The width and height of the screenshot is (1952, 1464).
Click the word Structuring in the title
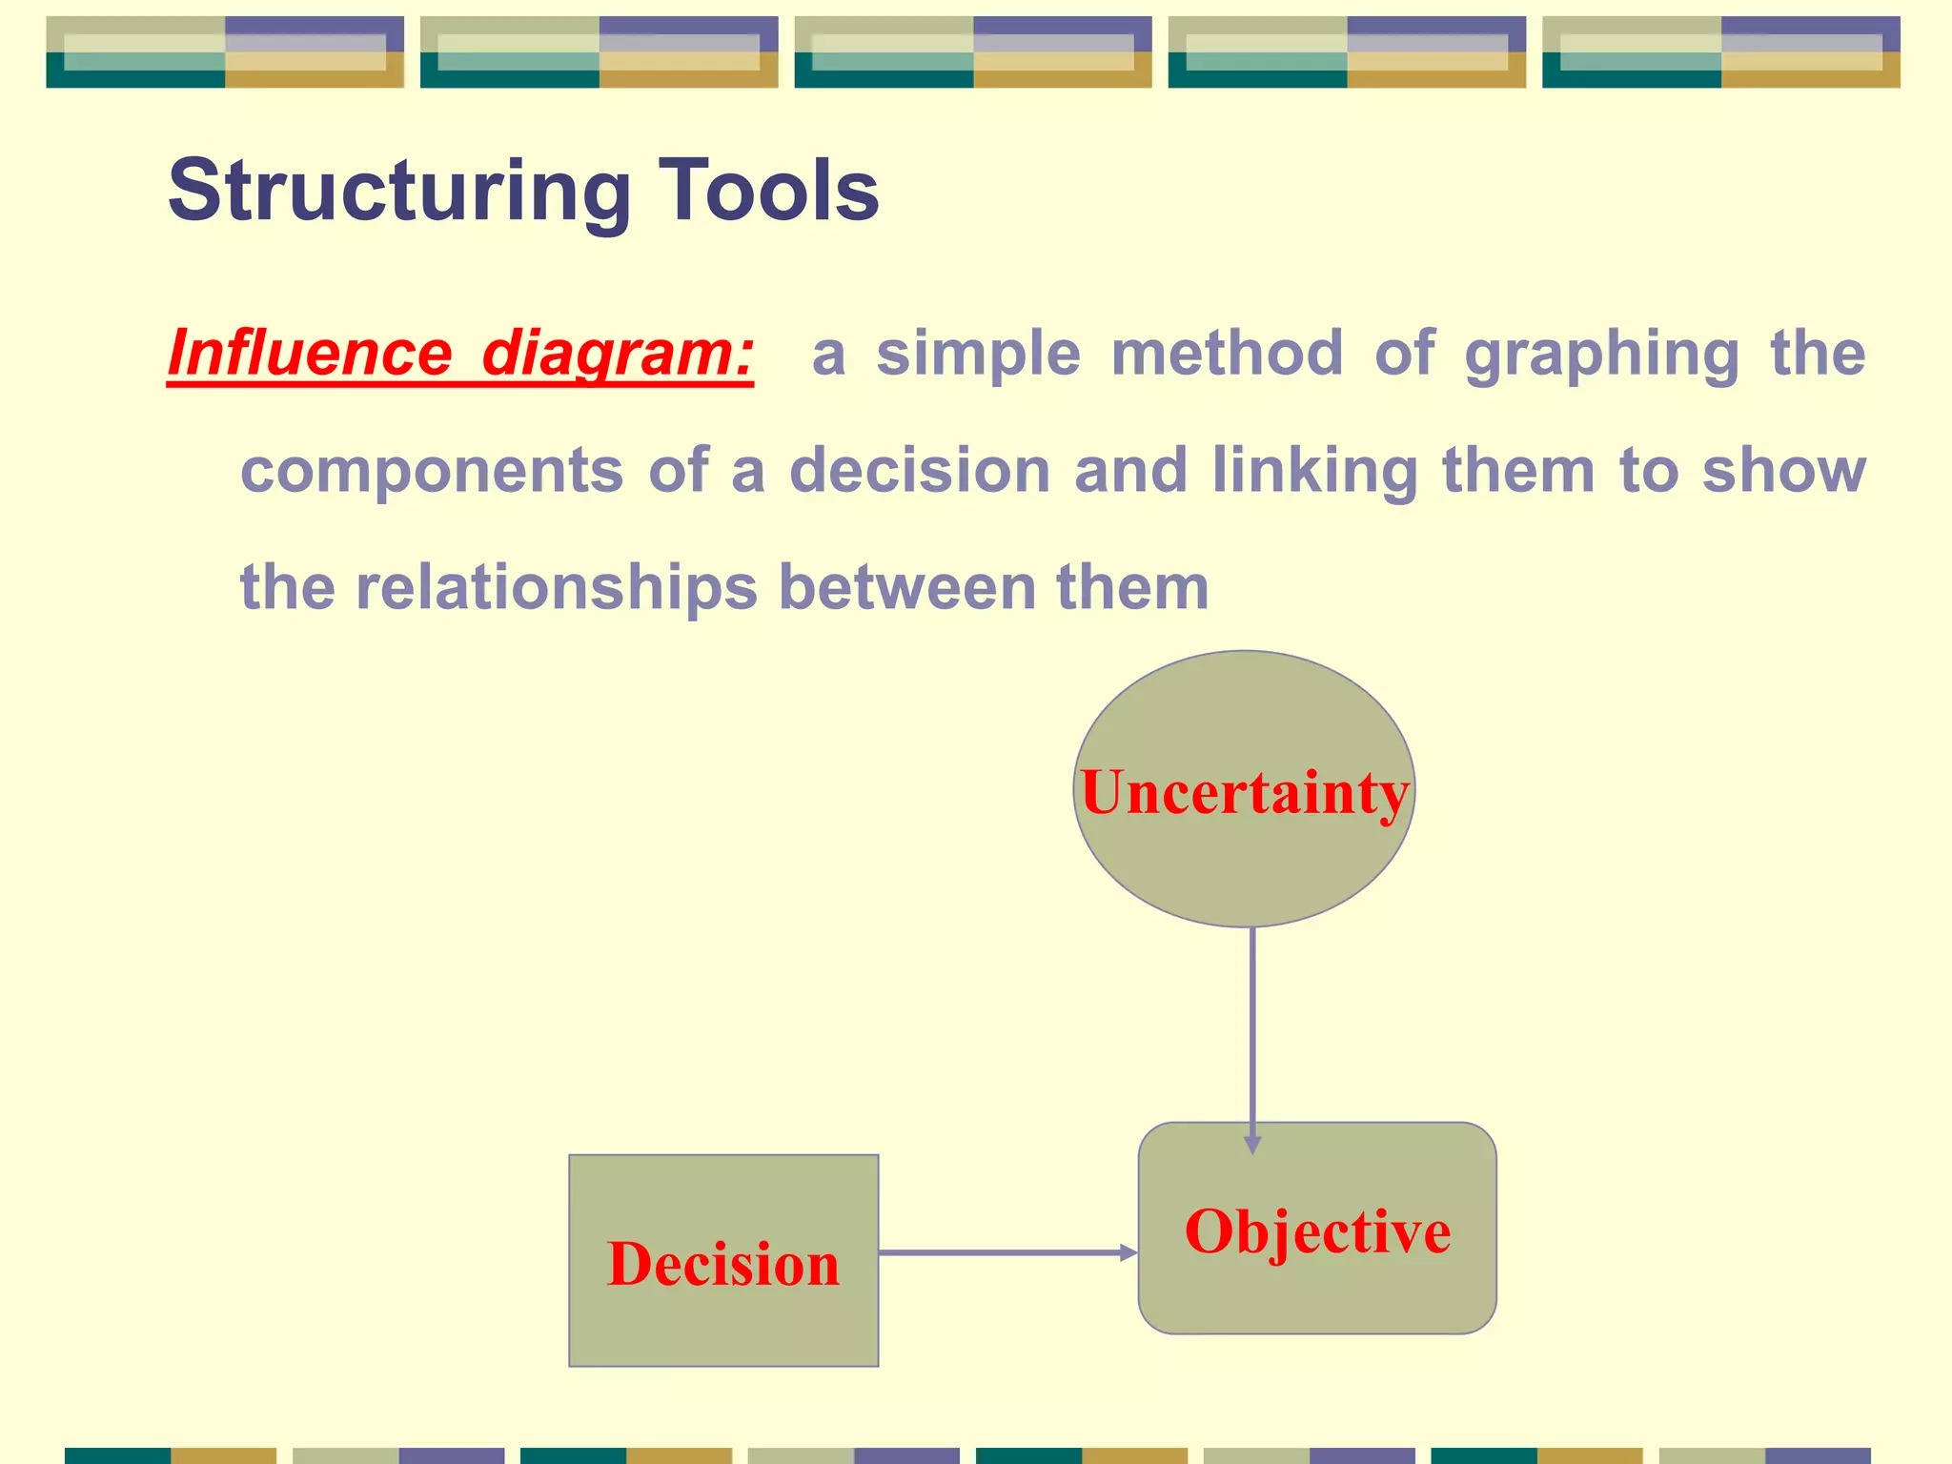[x=398, y=191]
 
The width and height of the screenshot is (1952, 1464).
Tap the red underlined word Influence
[x=310, y=353]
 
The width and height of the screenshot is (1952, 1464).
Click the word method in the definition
[x=1228, y=353]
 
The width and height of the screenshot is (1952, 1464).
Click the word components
[x=432, y=471]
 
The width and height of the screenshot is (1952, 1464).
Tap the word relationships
[x=557, y=587]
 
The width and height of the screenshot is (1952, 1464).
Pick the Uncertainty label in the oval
[x=1244, y=793]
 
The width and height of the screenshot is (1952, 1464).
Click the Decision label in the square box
[x=723, y=1264]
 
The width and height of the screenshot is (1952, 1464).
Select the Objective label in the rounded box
[x=1317, y=1230]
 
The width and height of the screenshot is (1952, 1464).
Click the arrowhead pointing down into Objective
[x=1252, y=1145]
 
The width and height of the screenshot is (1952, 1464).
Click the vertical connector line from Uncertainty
[x=1252, y=1029]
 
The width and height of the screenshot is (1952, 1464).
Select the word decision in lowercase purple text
[x=920, y=471]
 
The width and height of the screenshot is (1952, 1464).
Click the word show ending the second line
[x=1783, y=471]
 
